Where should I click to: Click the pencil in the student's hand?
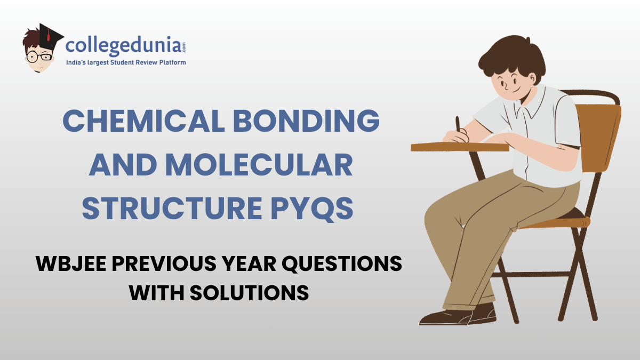(x=458, y=125)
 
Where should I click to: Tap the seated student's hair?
(x=512, y=53)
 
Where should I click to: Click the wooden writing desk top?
(x=459, y=147)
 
